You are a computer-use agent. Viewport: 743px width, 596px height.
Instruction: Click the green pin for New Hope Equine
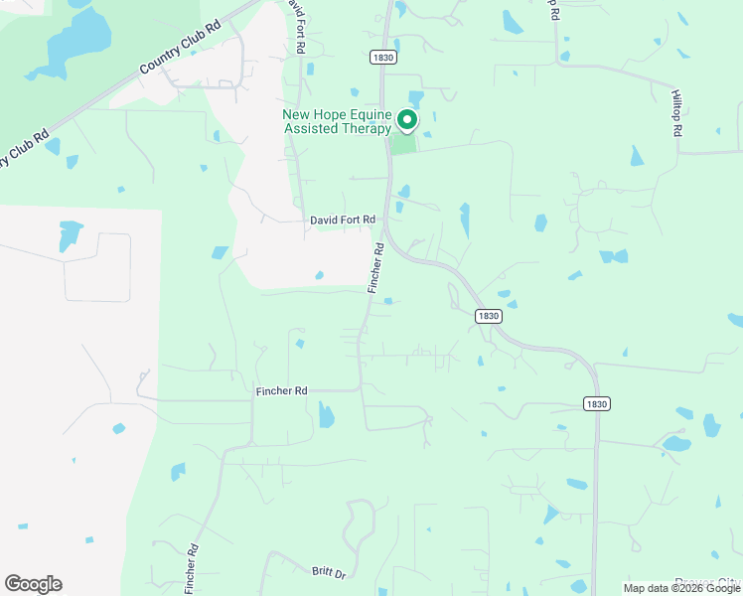click(x=407, y=120)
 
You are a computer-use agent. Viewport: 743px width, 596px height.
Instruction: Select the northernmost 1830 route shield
click(x=383, y=58)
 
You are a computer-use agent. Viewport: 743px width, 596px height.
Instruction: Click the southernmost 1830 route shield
click(x=596, y=404)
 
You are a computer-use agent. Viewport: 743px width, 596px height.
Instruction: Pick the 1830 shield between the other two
click(x=488, y=316)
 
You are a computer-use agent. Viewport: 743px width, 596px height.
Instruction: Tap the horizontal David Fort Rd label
click(x=343, y=220)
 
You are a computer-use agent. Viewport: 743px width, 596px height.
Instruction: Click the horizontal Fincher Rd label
click(x=282, y=391)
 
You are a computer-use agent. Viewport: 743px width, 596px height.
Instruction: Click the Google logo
click(x=33, y=584)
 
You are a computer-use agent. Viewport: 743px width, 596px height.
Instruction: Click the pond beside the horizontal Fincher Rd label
click(x=327, y=414)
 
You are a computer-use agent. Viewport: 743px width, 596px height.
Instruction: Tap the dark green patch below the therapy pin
click(x=401, y=145)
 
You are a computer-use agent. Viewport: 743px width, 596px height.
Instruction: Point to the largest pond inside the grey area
click(x=71, y=235)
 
